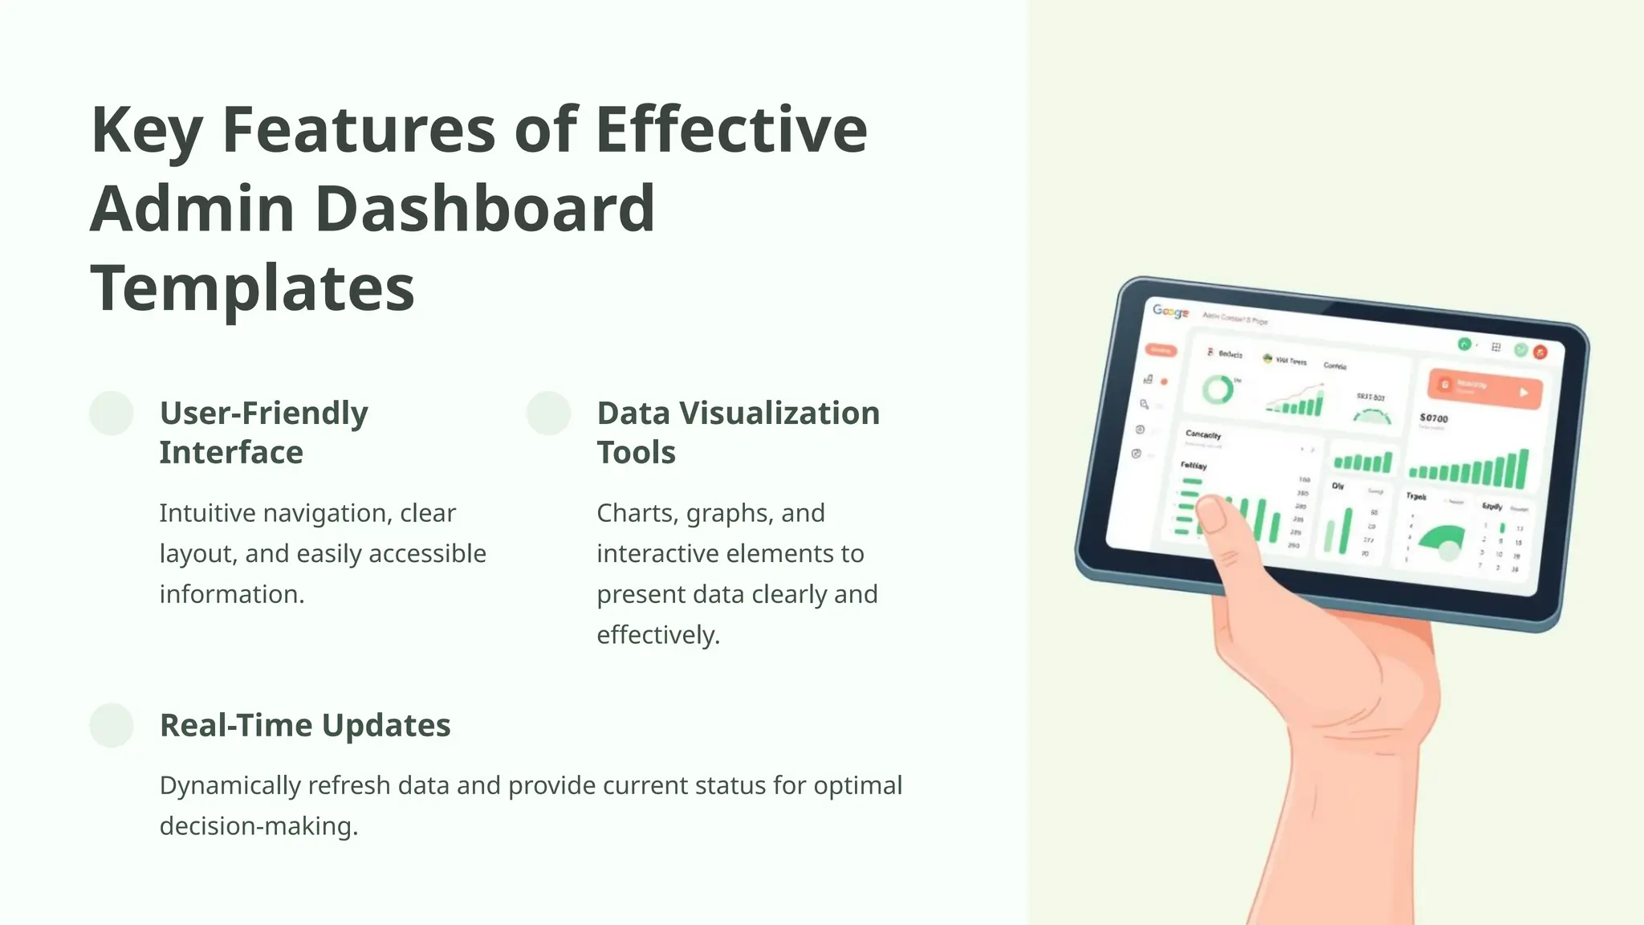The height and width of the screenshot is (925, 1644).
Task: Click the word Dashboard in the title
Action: coord(485,209)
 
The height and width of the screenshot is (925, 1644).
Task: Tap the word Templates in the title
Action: coord(252,288)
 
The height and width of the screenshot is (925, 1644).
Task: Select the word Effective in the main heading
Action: coord(731,129)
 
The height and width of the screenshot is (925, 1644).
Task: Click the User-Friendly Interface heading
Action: coord(263,432)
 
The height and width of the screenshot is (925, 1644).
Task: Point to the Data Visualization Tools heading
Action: coord(738,432)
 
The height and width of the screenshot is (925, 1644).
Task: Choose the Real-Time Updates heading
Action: coord(305,725)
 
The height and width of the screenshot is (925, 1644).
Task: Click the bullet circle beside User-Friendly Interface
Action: coord(112,414)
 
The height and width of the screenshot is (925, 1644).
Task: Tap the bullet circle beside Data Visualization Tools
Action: coord(548,414)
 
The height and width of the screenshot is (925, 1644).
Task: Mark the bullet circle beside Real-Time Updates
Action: coord(112,725)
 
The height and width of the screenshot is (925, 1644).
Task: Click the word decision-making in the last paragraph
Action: coord(257,825)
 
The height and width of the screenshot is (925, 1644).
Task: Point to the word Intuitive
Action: coord(215,512)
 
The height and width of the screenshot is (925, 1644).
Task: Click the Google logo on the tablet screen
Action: coord(1170,312)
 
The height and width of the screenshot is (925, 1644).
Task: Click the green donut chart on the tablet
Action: coord(1218,389)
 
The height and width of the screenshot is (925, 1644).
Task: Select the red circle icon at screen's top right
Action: coord(1540,352)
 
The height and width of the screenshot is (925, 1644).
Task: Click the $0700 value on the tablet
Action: coord(1434,418)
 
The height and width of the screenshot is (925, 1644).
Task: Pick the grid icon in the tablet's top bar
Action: coord(1495,347)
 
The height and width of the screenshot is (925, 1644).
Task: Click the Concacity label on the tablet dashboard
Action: coord(1202,434)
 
